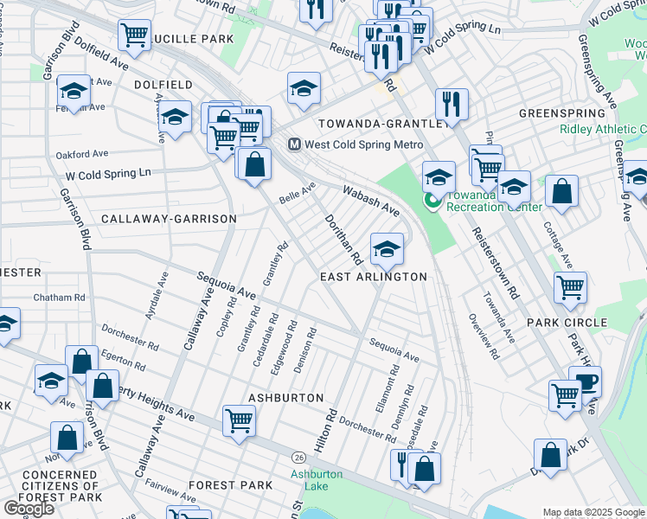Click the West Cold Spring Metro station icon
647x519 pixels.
[294, 144]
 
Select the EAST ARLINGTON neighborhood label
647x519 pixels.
[374, 277]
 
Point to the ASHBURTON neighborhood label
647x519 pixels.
[285, 397]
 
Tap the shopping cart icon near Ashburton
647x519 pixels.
[239, 420]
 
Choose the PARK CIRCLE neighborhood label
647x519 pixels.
[567, 323]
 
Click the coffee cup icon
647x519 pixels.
[586, 381]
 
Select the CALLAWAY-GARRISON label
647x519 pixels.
[169, 219]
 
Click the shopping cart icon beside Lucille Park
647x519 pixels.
[135, 35]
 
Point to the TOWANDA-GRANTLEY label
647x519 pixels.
[380, 125]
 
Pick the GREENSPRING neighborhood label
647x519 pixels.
[562, 113]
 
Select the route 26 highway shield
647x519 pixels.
[299, 456]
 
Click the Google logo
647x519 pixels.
[29, 508]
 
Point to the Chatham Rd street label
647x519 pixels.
[60, 297]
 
